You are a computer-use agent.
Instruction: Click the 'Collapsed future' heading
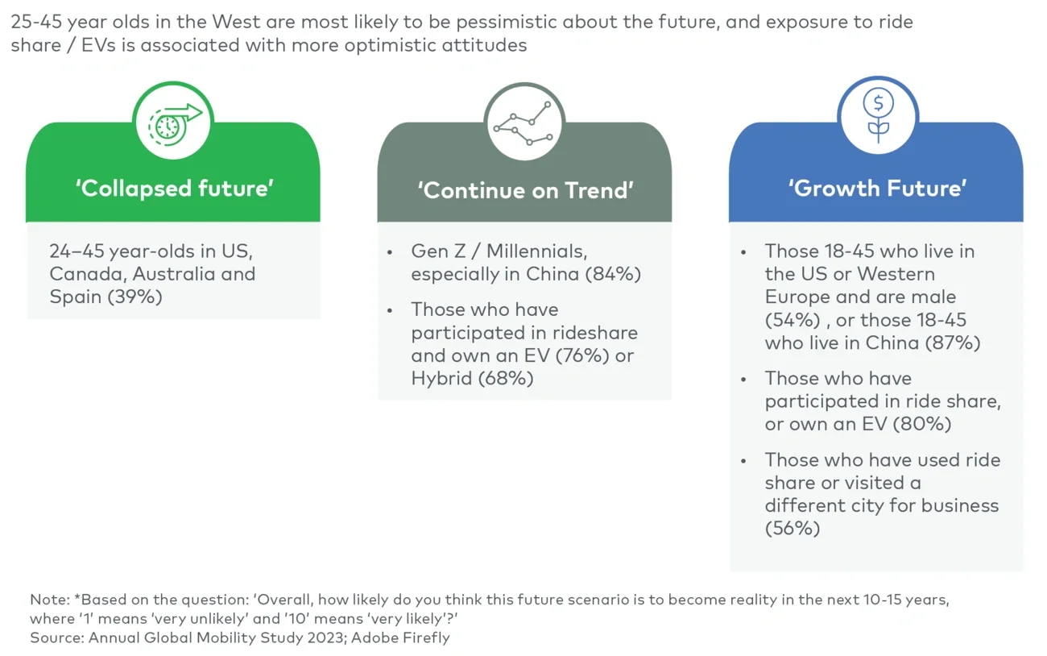pos(175,189)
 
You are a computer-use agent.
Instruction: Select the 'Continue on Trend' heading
pos(525,190)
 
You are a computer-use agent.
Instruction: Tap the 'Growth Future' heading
pos(877,189)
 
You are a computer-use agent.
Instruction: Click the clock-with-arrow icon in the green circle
pos(173,121)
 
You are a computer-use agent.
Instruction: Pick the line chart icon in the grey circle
pos(524,122)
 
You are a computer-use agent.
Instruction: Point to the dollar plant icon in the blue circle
pos(877,115)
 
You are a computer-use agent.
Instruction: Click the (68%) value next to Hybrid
pos(506,378)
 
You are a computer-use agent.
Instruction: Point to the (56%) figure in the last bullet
pos(792,528)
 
